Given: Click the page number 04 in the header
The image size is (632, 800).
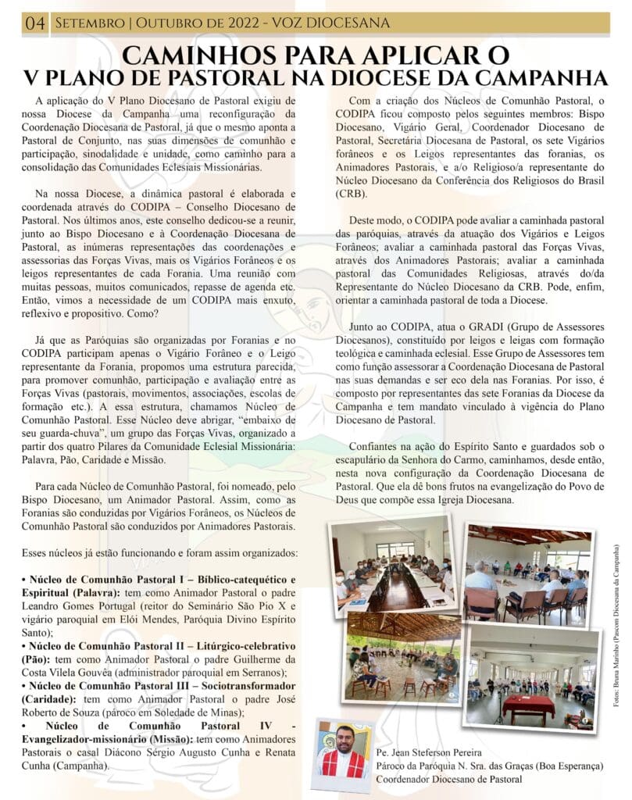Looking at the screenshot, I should coord(34,23).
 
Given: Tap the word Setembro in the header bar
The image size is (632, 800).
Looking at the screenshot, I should coord(85,23).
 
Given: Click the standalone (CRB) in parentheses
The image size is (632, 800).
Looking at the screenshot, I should coord(352,192).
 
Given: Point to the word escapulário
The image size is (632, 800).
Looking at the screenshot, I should coord(367,459).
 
